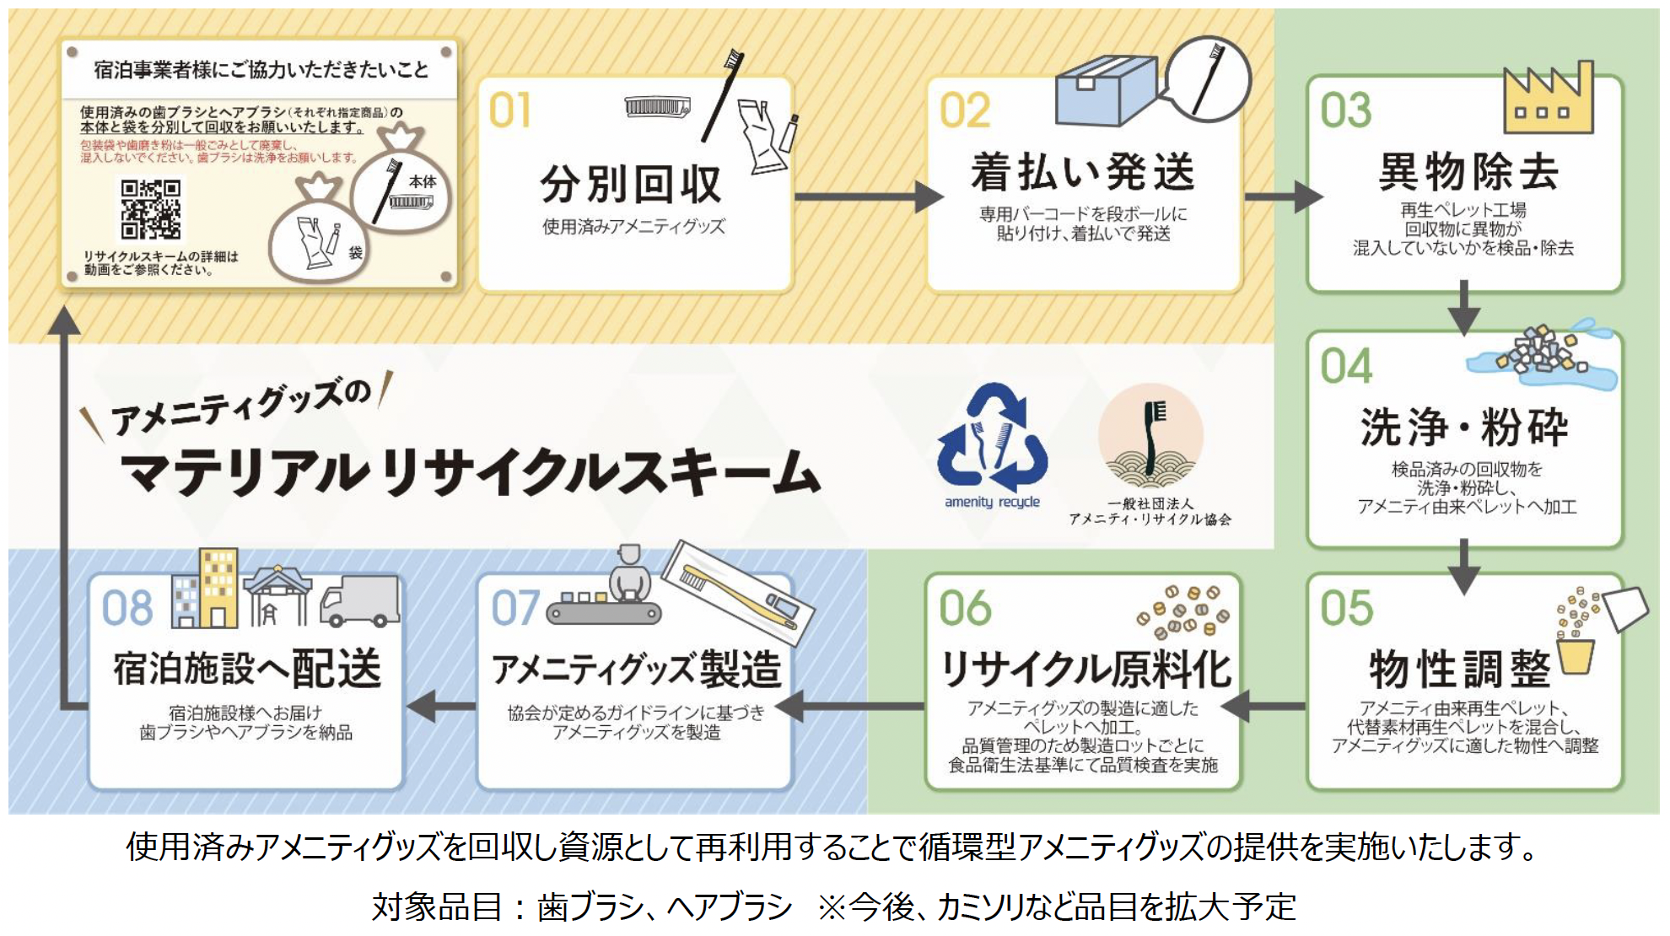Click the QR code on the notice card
point(150,209)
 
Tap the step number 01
point(509,110)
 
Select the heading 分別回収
point(631,185)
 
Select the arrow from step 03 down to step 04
point(1464,308)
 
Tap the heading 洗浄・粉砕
point(1464,427)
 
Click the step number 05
point(1346,608)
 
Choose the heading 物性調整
point(1460,670)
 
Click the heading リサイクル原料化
point(1085,670)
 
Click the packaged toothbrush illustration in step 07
point(738,593)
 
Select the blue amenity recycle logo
point(993,438)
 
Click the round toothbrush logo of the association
point(1150,438)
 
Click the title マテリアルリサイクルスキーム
point(469,472)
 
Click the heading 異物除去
point(1468,172)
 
